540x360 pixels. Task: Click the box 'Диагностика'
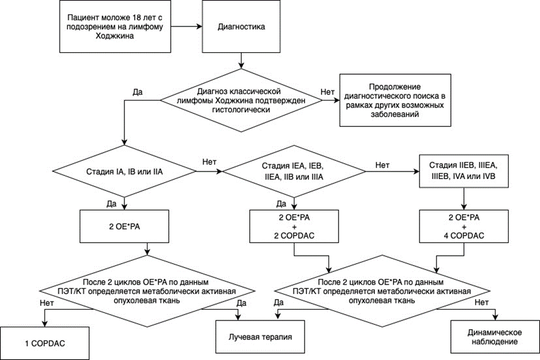(241, 26)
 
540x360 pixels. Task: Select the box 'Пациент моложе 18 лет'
(115, 26)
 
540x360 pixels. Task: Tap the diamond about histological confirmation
(241, 101)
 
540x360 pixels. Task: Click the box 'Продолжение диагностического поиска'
(396, 101)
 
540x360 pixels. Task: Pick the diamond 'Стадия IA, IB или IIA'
(124, 172)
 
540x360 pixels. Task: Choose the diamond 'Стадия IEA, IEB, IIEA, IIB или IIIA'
(294, 172)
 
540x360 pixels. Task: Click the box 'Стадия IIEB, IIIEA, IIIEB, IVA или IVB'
(463, 171)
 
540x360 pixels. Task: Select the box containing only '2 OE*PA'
(124, 226)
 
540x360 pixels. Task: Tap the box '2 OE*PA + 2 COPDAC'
(294, 226)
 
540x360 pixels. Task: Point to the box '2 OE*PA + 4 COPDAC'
(463, 226)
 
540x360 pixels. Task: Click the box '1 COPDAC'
(45, 343)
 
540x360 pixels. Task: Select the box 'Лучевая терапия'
(260, 337)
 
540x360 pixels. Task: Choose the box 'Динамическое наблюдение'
(495, 337)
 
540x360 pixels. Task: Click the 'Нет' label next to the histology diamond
(327, 92)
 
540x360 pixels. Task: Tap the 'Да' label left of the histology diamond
(138, 92)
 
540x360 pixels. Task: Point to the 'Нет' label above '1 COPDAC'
(46, 303)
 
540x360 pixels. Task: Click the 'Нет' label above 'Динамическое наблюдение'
(482, 302)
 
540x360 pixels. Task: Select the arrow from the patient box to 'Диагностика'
(186, 26)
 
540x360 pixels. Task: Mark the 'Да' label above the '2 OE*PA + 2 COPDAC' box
(281, 204)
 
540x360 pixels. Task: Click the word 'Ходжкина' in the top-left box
(115, 35)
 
